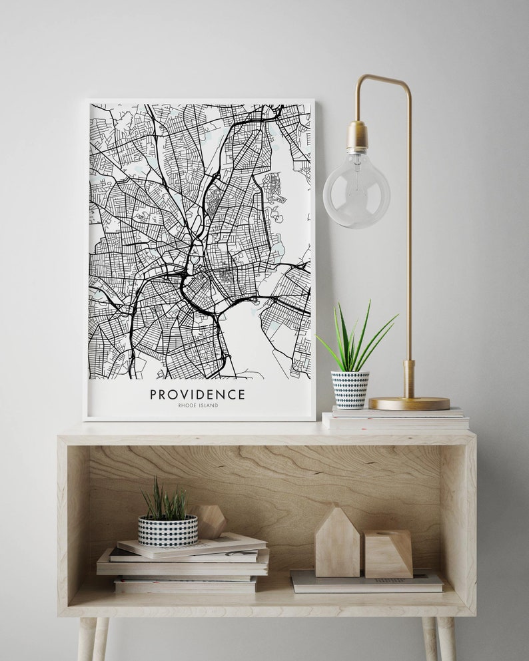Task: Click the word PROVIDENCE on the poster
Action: coord(197,394)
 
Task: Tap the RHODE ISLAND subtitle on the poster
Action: coord(198,405)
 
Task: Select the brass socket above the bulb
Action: coord(357,136)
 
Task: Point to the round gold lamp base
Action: coord(409,403)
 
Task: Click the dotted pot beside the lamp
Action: coord(350,389)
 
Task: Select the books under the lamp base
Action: coord(396,419)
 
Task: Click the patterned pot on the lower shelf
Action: coord(167,531)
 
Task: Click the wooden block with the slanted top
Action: coord(388,553)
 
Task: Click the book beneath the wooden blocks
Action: coord(366,582)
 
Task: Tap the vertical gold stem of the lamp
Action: coord(408,233)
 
